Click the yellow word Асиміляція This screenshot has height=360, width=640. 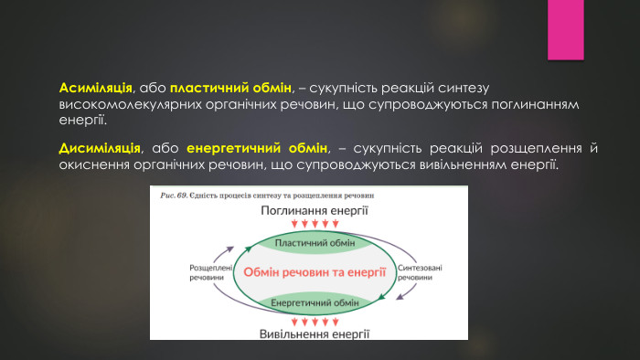pyautogui.click(x=96, y=89)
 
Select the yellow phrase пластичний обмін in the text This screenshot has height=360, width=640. pyautogui.click(x=229, y=89)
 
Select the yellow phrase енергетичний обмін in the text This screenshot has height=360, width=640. pyautogui.click(x=256, y=147)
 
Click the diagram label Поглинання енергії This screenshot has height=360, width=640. pyautogui.click(x=315, y=211)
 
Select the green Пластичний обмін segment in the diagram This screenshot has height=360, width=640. pyautogui.click(x=315, y=243)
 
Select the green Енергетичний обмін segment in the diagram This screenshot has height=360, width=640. pyautogui.click(x=315, y=303)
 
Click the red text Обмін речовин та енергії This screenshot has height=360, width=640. pyautogui.click(x=315, y=272)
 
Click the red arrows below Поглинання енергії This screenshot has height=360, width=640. pyautogui.click(x=315, y=224)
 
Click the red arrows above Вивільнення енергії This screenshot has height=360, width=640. pyautogui.click(x=315, y=321)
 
